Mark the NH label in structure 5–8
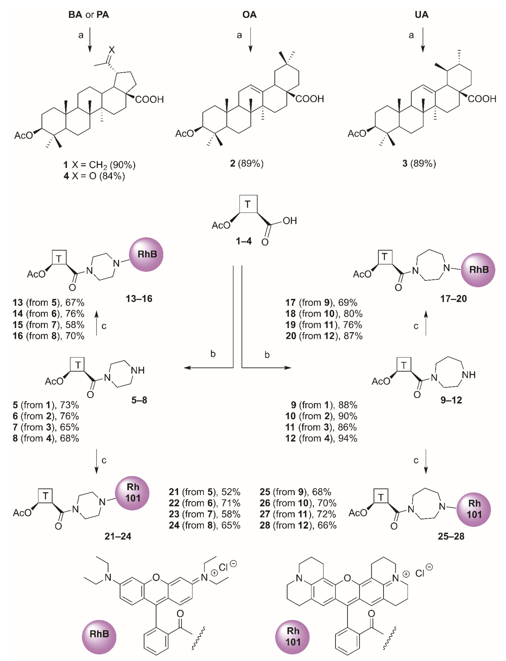[x=138, y=370]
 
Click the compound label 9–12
[x=451, y=400]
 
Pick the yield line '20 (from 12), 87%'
[x=324, y=336]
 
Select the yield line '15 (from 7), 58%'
[x=49, y=325]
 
